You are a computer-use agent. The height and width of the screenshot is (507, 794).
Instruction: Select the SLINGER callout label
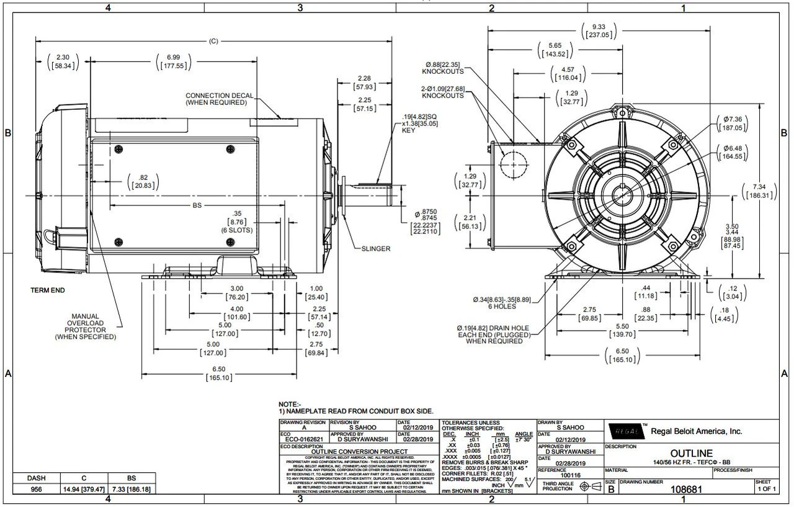click(x=376, y=249)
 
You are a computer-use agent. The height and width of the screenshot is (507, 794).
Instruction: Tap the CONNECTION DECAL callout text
click(x=219, y=99)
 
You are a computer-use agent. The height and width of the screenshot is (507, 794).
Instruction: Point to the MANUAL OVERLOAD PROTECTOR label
click(x=85, y=326)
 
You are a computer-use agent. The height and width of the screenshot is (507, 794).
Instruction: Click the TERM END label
click(x=48, y=290)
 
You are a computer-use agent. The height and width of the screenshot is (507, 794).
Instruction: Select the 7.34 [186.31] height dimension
click(x=761, y=191)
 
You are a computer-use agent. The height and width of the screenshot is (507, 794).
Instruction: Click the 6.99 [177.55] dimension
click(x=173, y=61)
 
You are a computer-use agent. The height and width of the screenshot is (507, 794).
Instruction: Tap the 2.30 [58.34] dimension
click(x=63, y=61)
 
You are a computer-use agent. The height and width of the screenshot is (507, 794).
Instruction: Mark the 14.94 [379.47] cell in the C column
click(x=84, y=489)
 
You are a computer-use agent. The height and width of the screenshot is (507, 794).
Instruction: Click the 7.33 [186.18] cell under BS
click(x=131, y=489)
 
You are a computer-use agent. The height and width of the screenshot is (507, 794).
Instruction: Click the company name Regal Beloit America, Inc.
click(x=696, y=431)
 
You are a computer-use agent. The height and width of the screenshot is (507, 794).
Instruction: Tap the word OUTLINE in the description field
click(x=691, y=454)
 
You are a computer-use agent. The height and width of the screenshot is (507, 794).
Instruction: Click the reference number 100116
click(x=571, y=475)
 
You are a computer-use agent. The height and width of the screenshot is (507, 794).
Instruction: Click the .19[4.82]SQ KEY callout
click(x=419, y=123)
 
